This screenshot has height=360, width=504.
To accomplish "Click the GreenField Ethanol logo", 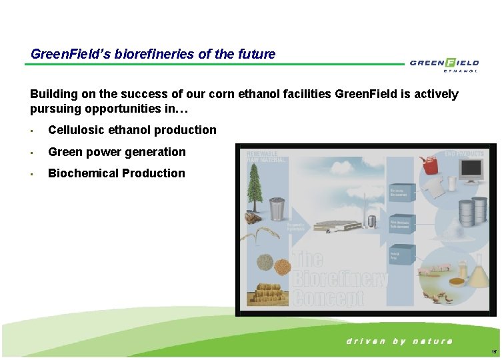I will click(x=444, y=64).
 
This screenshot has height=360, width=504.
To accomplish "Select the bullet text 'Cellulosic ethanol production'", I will click(x=132, y=130).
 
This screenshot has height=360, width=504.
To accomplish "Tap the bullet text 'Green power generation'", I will click(x=117, y=152).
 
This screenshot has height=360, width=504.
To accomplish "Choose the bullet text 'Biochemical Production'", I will click(x=117, y=173).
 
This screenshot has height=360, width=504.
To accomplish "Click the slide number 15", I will click(x=493, y=351).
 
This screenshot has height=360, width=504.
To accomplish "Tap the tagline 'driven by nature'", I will click(x=399, y=341).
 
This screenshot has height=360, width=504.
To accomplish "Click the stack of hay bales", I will click(x=268, y=293).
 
